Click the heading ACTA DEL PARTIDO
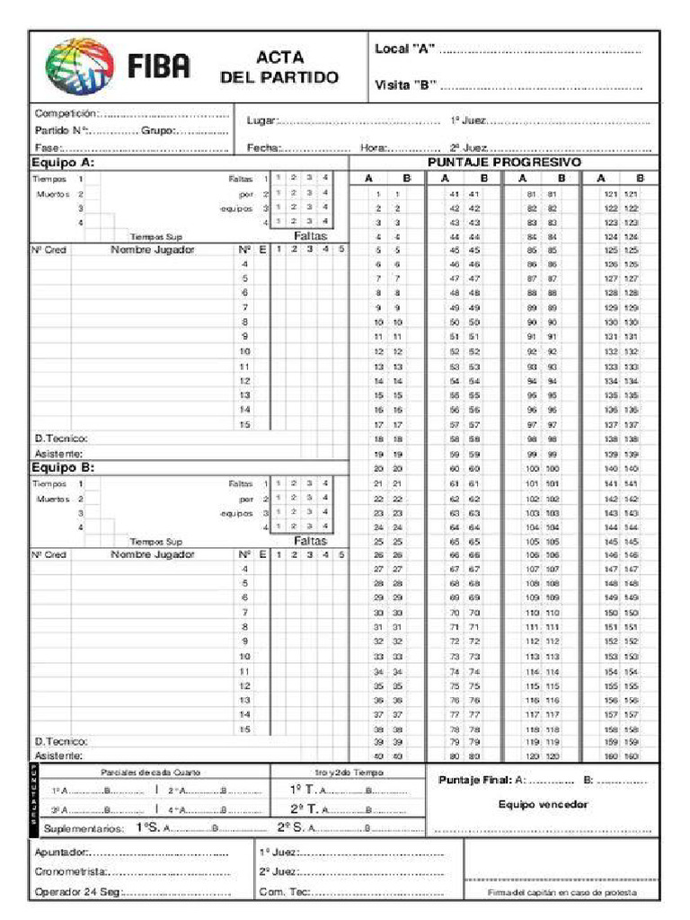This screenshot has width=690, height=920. coord(279,67)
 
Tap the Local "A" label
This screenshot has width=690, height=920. coord(404,49)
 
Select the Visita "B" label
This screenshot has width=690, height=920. coord(405,85)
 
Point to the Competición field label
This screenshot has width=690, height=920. coord(66,114)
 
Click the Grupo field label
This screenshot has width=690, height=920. coord(159,131)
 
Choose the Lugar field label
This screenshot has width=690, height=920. coord(261,120)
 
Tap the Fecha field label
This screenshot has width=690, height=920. coord(263,147)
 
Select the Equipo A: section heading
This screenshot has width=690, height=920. coord(63,164)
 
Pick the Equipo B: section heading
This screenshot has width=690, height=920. coord(63,467)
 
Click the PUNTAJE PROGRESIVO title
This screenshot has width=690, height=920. coord(504,163)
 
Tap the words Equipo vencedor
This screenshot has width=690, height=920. coord(544,805)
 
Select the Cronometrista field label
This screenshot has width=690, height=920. coord(71,871)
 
